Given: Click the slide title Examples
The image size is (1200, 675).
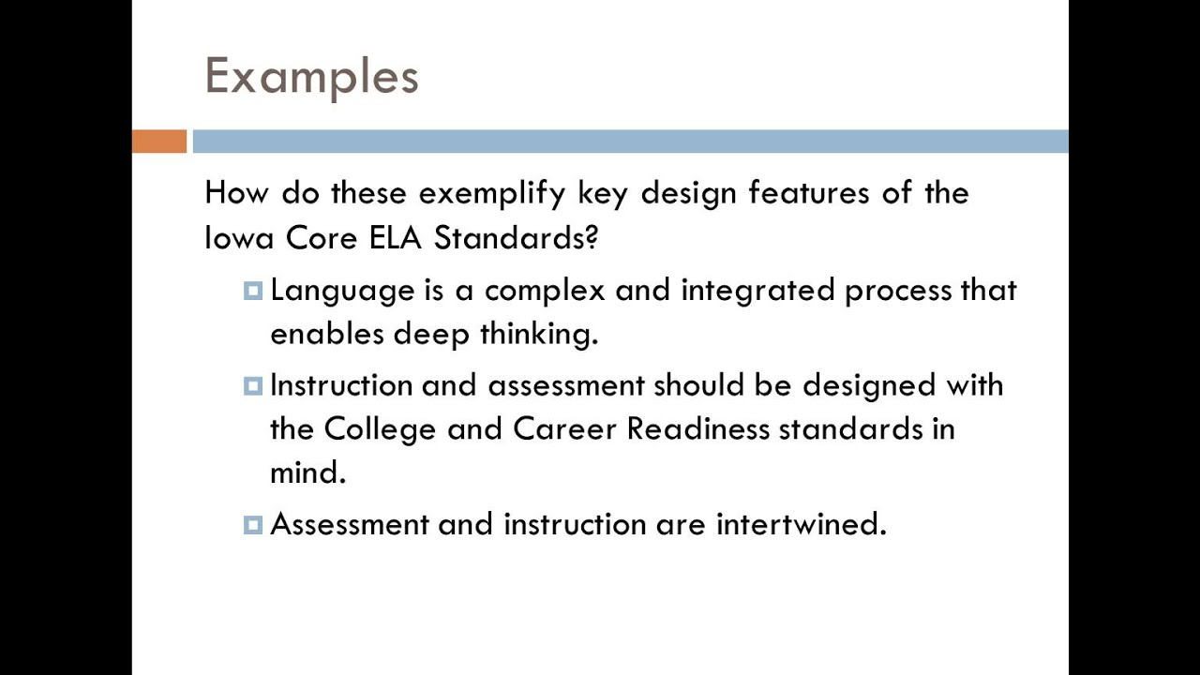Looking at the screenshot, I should point(311,76).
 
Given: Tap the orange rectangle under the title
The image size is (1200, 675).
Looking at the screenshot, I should point(159,142).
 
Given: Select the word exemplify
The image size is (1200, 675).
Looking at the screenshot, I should point(492,194).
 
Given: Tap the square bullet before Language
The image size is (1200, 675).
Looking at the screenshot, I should point(252,292).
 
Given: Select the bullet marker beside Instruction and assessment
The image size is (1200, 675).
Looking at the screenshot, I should point(252,386).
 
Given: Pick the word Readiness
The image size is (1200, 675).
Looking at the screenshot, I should point(697,429).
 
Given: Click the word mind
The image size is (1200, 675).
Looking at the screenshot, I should point(307,472).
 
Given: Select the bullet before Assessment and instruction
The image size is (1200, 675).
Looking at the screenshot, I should point(252,525).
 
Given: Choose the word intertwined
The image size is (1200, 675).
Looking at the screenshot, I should point(801,524).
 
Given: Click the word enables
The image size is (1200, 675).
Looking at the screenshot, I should point(326,335).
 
